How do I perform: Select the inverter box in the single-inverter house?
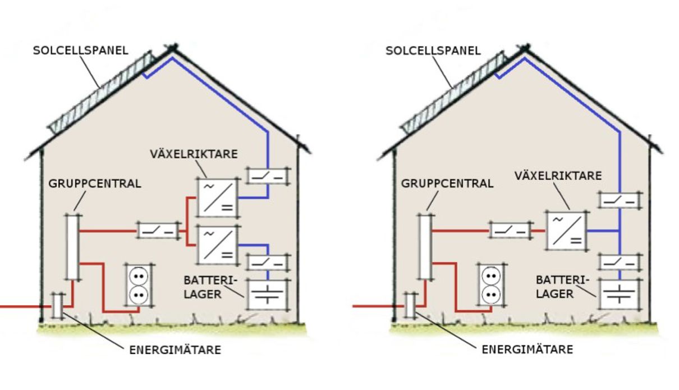(x=567, y=230)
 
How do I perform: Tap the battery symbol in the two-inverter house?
(x=267, y=294)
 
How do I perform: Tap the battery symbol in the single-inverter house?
(x=620, y=294)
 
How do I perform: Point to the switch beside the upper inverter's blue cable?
(x=267, y=176)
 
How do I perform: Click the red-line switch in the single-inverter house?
(x=510, y=230)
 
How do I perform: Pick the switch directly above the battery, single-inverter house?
(x=620, y=262)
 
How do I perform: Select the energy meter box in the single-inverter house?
(x=410, y=306)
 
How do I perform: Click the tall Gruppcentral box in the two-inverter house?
(x=72, y=246)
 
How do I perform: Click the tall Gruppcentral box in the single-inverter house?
(x=425, y=246)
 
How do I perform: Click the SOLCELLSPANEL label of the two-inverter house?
(x=81, y=51)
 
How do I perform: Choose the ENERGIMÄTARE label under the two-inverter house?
(x=175, y=350)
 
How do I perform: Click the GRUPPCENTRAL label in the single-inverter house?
(x=447, y=183)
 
